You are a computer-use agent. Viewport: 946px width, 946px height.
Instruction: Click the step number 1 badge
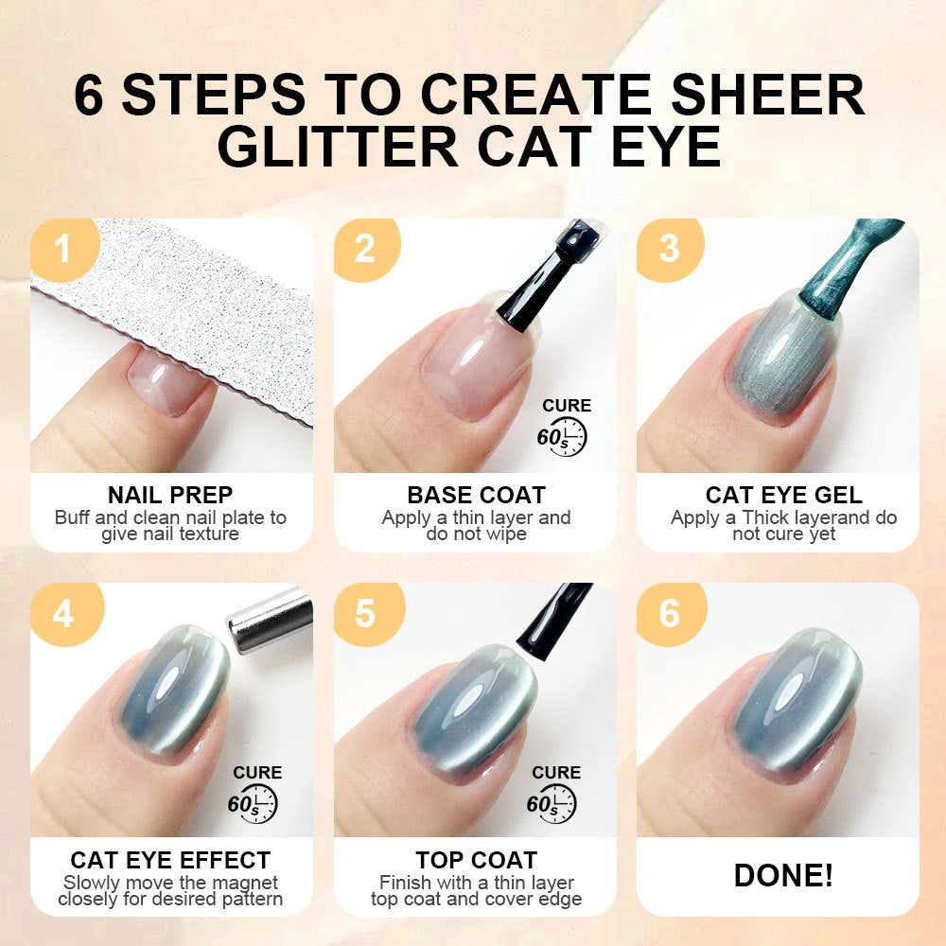click(63, 249)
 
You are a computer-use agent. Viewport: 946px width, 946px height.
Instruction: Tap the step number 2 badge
click(366, 249)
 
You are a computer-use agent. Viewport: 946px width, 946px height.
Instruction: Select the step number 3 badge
click(670, 249)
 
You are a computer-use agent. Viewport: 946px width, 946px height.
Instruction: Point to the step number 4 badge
click(65, 614)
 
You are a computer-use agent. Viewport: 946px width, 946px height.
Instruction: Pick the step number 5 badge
click(368, 614)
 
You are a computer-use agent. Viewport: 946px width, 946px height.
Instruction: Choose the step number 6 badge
click(671, 614)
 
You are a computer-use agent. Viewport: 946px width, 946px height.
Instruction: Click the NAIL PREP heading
click(170, 496)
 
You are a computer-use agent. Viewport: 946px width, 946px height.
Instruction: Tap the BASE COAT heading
click(476, 496)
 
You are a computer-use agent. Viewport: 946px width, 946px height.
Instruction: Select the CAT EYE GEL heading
click(783, 496)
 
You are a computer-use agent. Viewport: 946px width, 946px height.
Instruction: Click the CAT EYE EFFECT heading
click(170, 860)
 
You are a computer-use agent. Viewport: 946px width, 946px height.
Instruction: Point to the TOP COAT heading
click(476, 860)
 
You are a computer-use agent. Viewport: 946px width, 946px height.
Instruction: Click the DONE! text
click(783, 875)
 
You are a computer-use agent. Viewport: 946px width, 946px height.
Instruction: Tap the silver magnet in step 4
click(269, 622)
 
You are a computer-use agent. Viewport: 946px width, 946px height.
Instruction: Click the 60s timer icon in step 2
click(562, 436)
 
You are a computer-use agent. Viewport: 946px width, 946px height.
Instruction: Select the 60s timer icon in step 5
click(552, 803)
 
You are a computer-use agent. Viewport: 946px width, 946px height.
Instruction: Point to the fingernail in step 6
click(797, 700)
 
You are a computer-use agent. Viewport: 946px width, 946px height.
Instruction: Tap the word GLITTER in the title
click(338, 147)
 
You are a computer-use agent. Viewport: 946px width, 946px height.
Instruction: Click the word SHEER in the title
click(768, 94)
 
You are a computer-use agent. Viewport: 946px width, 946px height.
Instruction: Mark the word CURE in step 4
click(257, 773)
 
